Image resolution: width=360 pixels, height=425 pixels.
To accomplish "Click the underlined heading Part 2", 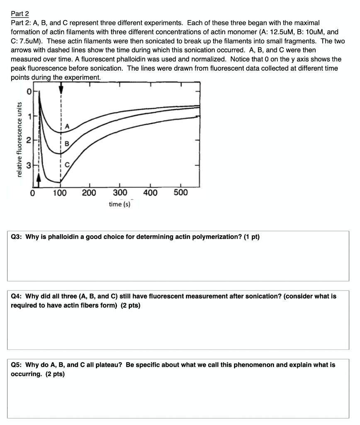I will tap(20, 14).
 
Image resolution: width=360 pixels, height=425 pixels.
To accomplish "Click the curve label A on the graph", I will tap(67, 126).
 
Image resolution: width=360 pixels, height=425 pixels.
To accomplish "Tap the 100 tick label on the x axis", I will tap(60, 193).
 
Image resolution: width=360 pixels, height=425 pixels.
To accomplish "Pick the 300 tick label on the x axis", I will tap(119, 193).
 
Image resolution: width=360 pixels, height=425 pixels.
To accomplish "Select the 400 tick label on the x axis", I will tap(150, 193).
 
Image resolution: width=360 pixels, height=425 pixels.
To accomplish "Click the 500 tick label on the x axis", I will tap(180, 193).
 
